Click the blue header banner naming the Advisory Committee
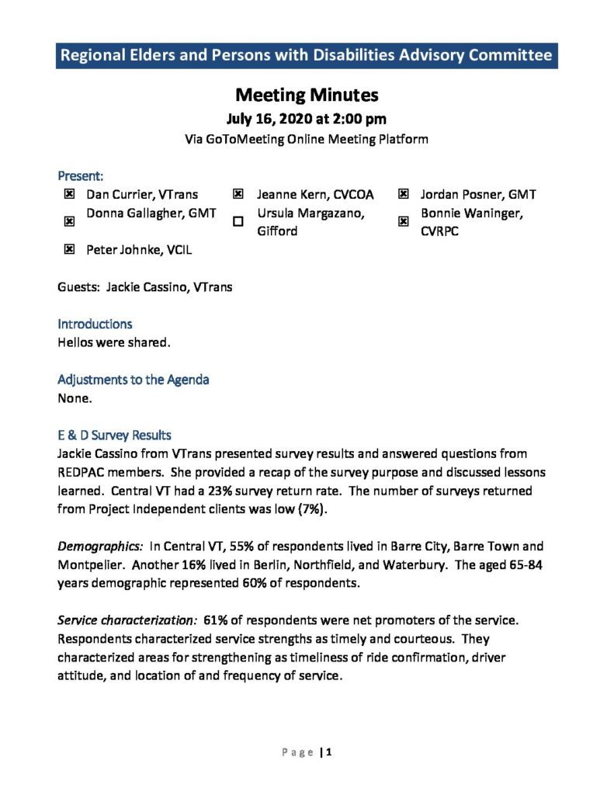tap(307, 56)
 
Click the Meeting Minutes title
tap(307, 95)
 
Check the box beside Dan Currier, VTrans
tap(69, 195)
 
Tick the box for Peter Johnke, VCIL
tap(69, 249)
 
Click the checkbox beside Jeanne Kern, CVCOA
tap(238, 195)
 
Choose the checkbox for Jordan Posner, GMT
tap(403, 195)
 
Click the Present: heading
tap(81, 176)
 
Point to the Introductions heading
tap(95, 324)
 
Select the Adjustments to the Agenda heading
tap(133, 380)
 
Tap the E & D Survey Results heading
tap(114, 436)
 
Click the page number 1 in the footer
tap(330, 752)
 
